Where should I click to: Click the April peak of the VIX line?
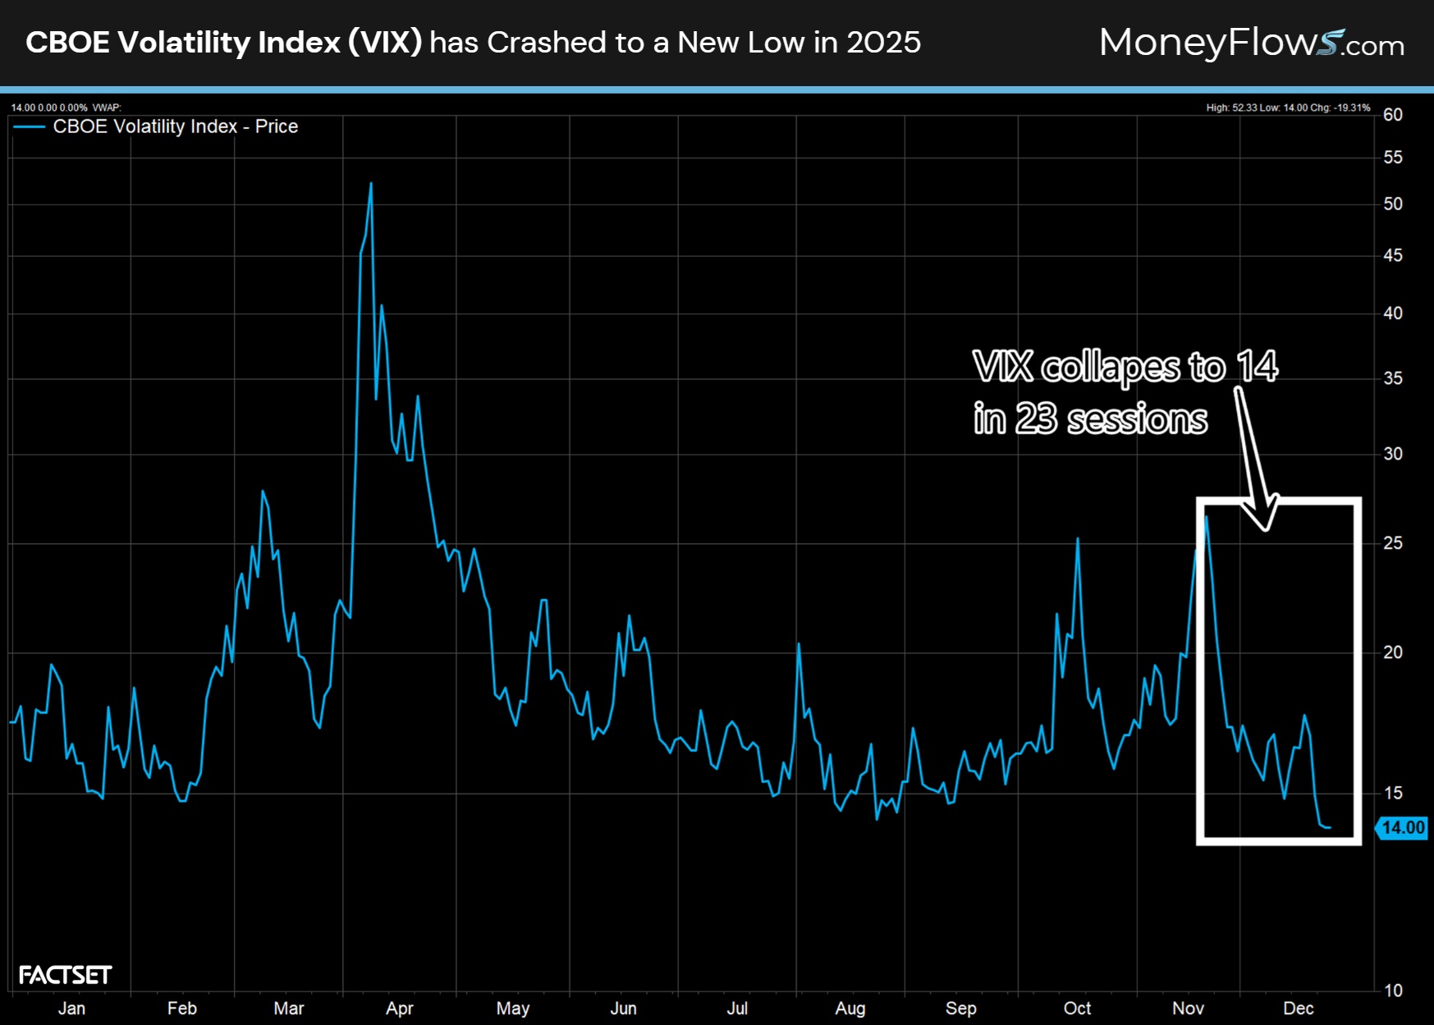tap(371, 184)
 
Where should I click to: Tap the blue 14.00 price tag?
tap(1402, 827)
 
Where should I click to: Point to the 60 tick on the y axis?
tap(1393, 115)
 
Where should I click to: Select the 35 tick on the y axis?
tap(1393, 378)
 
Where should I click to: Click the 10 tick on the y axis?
tap(1393, 991)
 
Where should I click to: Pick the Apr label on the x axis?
tap(400, 1008)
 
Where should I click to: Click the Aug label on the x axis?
tap(850, 1008)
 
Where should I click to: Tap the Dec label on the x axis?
tap(1299, 1008)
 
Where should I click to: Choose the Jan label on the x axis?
tap(71, 1008)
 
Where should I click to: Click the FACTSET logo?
tap(65, 975)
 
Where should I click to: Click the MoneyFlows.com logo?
tap(1251, 43)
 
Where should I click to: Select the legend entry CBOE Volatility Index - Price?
tap(175, 126)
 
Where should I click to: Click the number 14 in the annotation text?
tap(1258, 366)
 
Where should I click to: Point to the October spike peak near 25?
tap(1078, 539)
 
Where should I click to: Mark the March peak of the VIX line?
tap(263, 492)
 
